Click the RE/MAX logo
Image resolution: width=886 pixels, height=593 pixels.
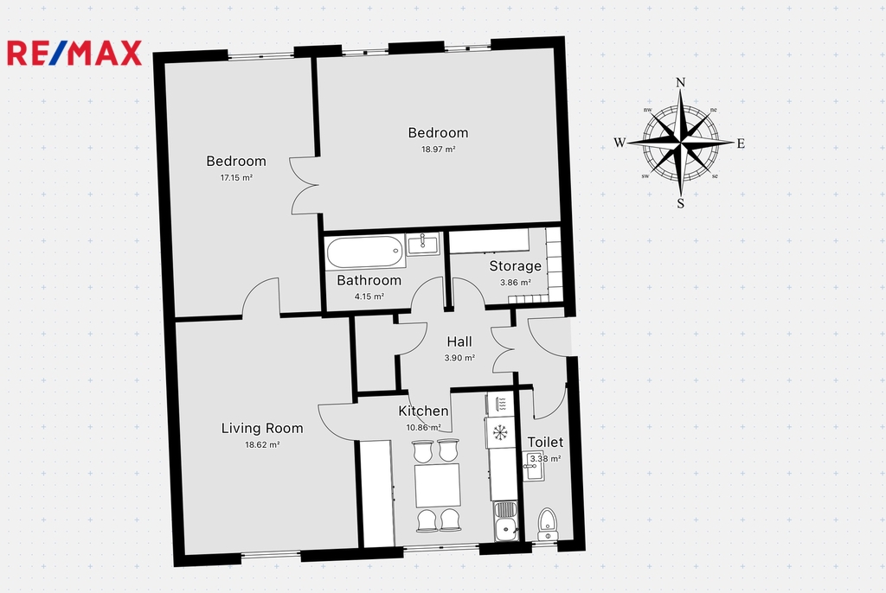(x=74, y=53)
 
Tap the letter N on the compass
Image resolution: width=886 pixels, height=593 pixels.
(x=681, y=82)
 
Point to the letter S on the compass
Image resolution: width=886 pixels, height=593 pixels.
(x=681, y=203)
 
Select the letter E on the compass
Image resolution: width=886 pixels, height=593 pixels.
(x=741, y=143)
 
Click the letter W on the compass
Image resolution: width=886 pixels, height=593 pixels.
(x=620, y=143)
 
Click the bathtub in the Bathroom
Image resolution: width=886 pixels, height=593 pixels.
(x=365, y=252)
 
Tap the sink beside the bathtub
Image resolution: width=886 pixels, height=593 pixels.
(x=422, y=244)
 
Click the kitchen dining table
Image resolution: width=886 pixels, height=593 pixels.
(x=438, y=485)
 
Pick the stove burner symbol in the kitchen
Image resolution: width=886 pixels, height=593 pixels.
(x=500, y=432)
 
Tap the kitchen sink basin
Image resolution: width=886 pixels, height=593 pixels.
(x=505, y=530)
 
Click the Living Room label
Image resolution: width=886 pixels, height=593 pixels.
(x=262, y=428)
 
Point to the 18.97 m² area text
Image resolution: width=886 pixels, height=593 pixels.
(x=439, y=150)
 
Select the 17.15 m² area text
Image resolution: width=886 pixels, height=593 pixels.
(x=236, y=177)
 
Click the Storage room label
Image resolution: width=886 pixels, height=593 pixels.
(x=516, y=266)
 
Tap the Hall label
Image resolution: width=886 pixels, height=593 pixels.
(x=459, y=341)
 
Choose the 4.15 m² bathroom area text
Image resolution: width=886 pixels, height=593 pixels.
(x=369, y=296)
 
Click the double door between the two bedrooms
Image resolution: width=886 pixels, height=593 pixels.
(x=305, y=185)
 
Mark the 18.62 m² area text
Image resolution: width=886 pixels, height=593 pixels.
(x=262, y=444)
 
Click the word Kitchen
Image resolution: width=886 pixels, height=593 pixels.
(x=423, y=411)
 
